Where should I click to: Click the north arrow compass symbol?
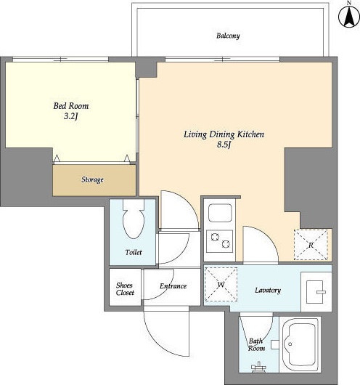pyautogui.click(x=348, y=16)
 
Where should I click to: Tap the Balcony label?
pyautogui.click(x=228, y=36)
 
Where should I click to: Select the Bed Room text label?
pyautogui.click(x=71, y=106)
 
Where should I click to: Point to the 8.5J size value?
pyautogui.click(x=224, y=145)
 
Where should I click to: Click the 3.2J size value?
pyautogui.click(x=71, y=116)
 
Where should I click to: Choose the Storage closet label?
pyautogui.click(x=92, y=179)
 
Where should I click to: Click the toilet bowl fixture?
pyautogui.click(x=134, y=219)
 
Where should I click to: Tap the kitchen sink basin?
pyautogui.click(x=220, y=213)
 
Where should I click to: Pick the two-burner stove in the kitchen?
pyautogui.click(x=220, y=241)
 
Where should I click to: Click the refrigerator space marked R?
pyautogui.click(x=311, y=245)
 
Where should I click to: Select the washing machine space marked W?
pyautogui.click(x=221, y=284)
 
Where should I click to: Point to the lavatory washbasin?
pyautogui.click(x=316, y=292)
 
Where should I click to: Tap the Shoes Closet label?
pyautogui.click(x=125, y=289)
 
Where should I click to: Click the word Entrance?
pyautogui.click(x=173, y=286)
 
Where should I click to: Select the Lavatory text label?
pyautogui.click(x=268, y=291)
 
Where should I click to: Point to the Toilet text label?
pyautogui.click(x=134, y=252)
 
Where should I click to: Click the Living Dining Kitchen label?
pyautogui.click(x=224, y=134)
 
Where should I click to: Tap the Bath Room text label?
pyautogui.click(x=256, y=344)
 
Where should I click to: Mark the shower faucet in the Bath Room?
pyautogui.click(x=258, y=367)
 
